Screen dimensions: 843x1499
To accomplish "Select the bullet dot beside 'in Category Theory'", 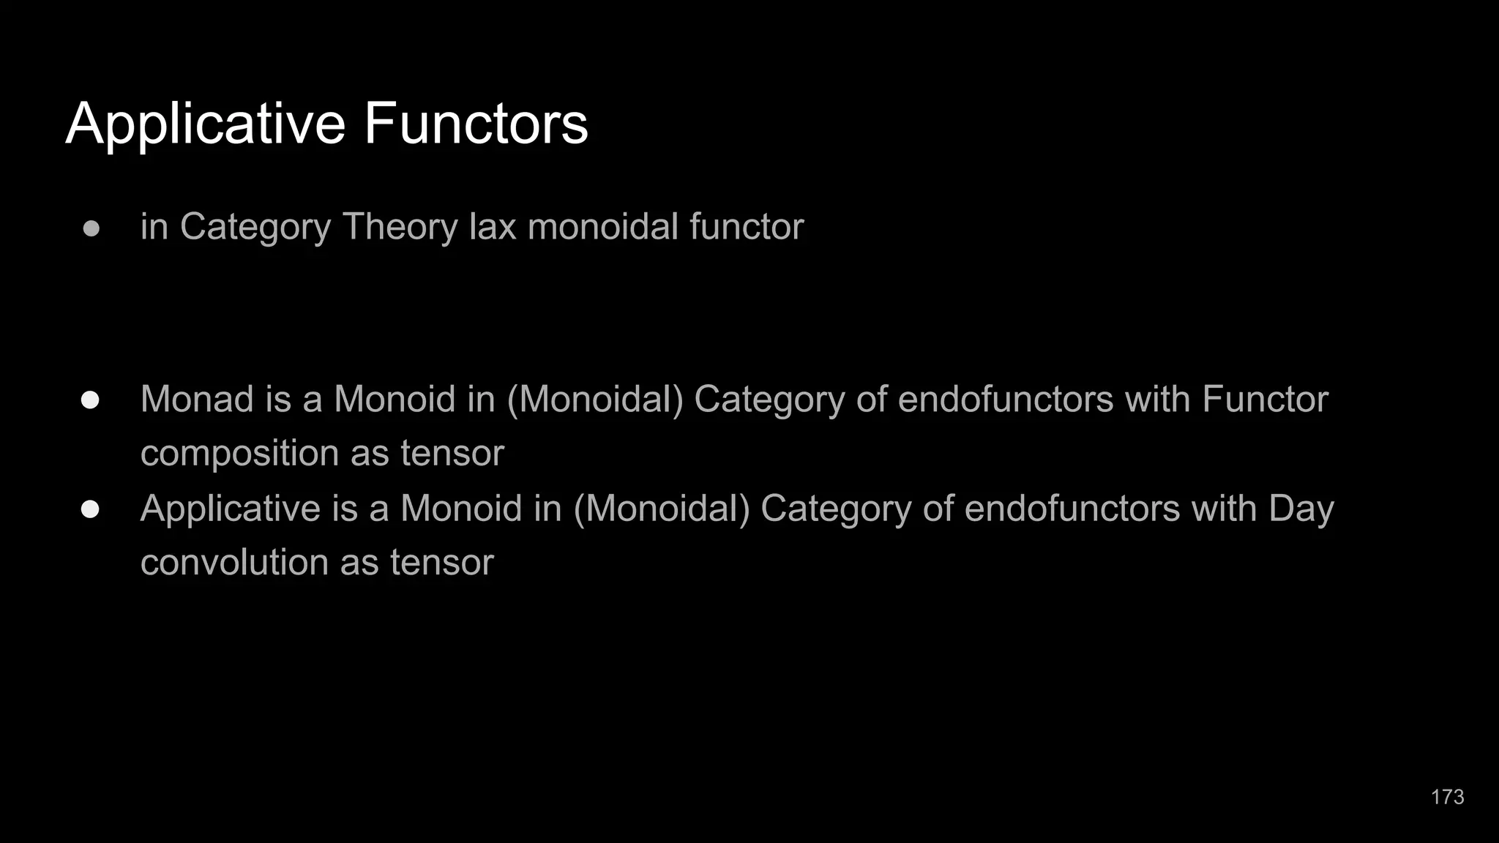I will pyautogui.click(x=91, y=228).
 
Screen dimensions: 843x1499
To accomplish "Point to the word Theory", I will pyautogui.click(x=400, y=227).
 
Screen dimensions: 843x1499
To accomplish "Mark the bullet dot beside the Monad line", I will pyautogui.click(x=91, y=400).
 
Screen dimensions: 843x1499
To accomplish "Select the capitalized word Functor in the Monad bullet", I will pyautogui.click(x=1265, y=400).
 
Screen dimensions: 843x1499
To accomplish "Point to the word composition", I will pyautogui.click(x=239, y=454).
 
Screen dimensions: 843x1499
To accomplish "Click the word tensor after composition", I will pyautogui.click(x=452, y=454).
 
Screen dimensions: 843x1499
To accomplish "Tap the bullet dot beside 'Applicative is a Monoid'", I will pyautogui.click(x=91, y=509).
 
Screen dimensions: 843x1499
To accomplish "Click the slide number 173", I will pyautogui.click(x=1447, y=797).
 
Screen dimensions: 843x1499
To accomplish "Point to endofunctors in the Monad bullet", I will pyautogui.click(x=1006, y=400).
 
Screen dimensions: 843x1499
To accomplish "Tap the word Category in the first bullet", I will pyautogui.click(x=255, y=227).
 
